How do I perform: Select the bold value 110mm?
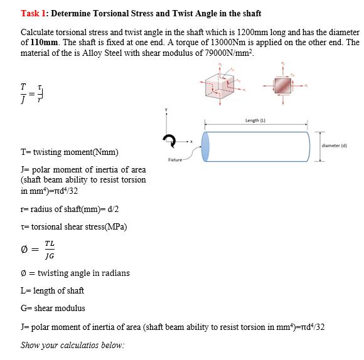coord(43,43)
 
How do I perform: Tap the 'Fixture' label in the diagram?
coord(175,161)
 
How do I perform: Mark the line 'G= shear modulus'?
coord(53,308)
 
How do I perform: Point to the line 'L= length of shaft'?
coord(52,290)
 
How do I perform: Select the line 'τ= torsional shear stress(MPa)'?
coord(74,226)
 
